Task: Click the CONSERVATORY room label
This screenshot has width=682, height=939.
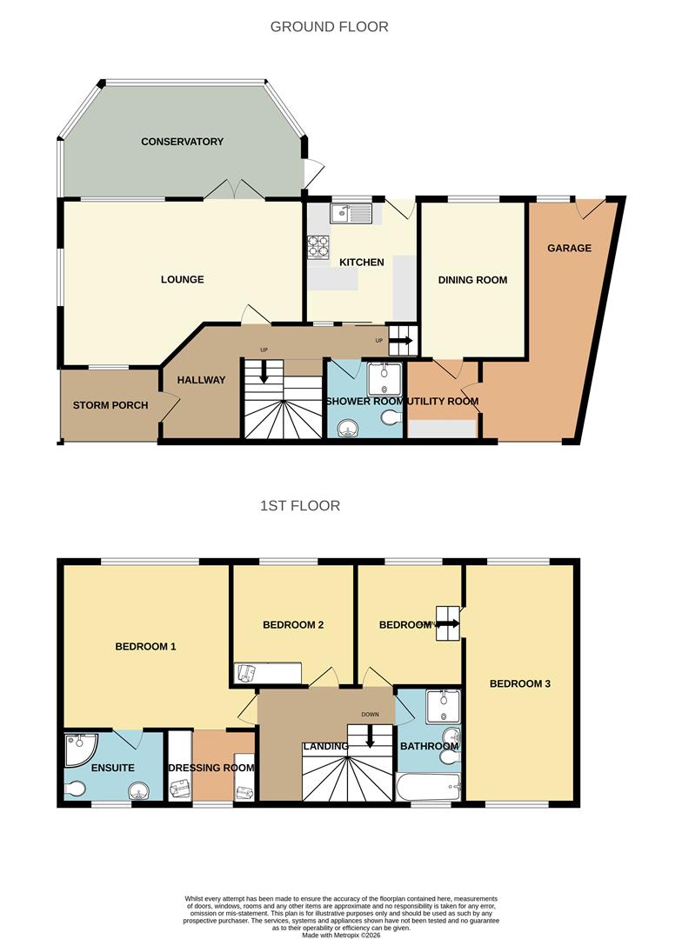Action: click(182, 142)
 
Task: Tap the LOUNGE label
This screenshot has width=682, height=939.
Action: click(182, 279)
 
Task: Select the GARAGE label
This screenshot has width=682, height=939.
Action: click(569, 248)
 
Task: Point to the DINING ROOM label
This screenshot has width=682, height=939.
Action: click(472, 280)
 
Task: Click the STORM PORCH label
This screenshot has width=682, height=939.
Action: click(110, 405)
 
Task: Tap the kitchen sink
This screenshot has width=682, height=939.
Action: click(351, 211)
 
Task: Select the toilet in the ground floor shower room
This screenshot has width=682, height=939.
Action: click(391, 419)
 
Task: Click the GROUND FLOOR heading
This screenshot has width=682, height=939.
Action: click(329, 27)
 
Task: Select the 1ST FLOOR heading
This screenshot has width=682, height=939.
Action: click(299, 505)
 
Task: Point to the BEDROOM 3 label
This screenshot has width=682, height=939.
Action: click(519, 683)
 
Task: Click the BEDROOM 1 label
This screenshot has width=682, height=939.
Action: click(146, 646)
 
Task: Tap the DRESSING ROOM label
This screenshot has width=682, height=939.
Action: click(211, 768)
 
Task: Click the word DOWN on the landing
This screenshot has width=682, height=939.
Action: click(371, 716)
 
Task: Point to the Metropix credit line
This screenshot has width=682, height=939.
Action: click(340, 936)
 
